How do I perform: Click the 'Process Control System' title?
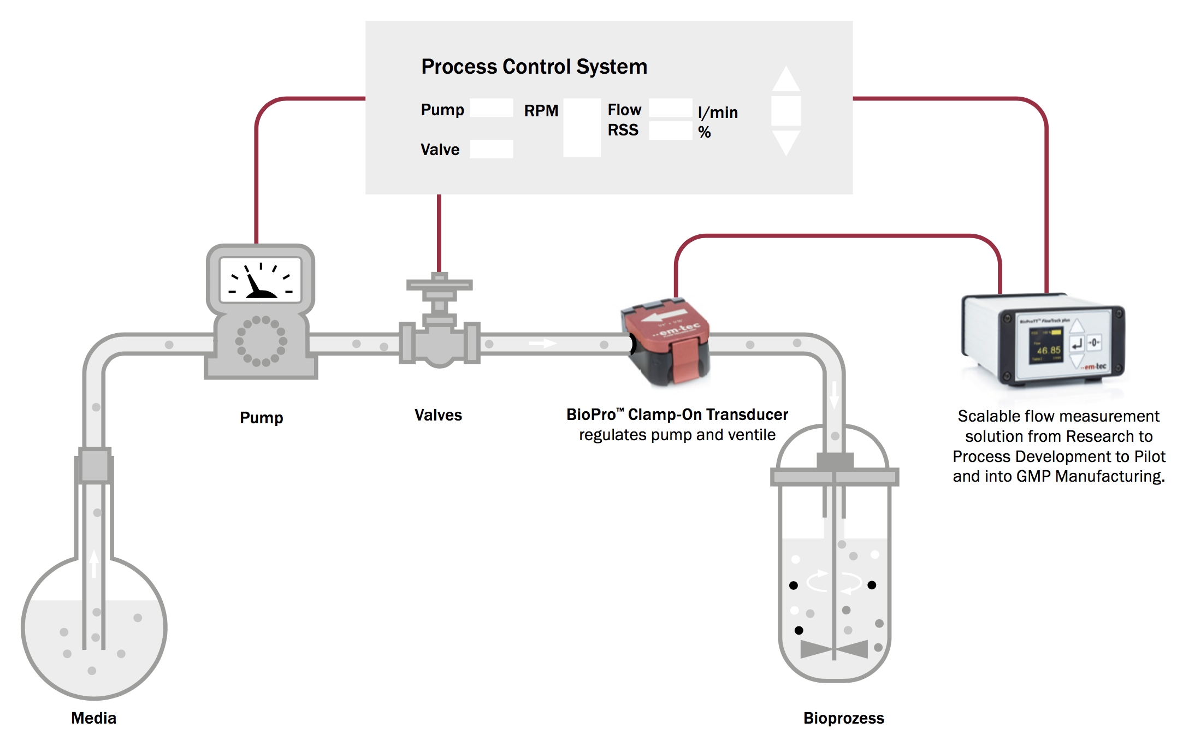[534, 67]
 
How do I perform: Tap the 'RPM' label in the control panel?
[541, 111]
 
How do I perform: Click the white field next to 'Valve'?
[491, 149]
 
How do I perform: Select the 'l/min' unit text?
[718, 113]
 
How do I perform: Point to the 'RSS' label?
[623, 130]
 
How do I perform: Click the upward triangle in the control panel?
[786, 80]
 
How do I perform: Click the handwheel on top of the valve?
[439, 285]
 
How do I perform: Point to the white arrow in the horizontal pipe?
[542, 344]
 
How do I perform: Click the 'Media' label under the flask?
[93, 718]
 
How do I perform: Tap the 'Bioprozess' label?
[843, 718]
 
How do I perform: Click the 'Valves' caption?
[438, 415]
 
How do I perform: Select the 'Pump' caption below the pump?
[261, 418]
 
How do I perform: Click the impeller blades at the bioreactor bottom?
[834, 649]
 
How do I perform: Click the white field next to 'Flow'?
[670, 108]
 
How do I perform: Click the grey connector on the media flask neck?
[94, 465]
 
